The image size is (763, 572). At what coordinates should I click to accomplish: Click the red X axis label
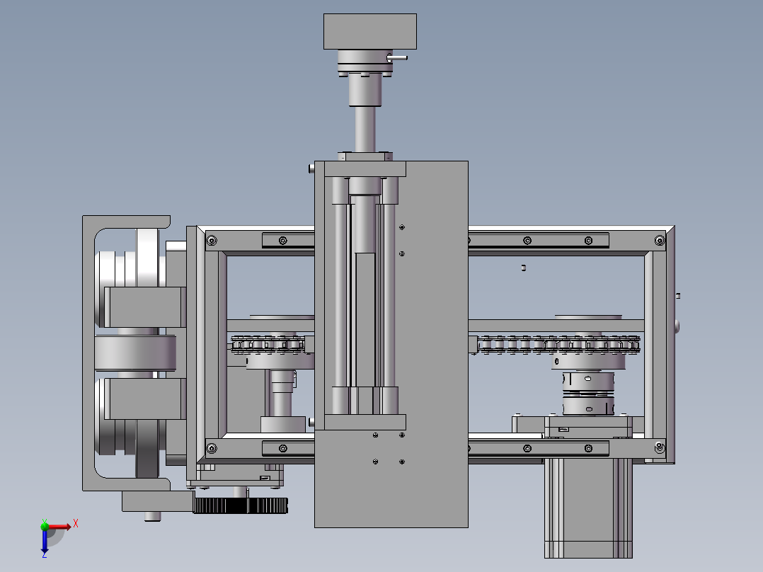76,524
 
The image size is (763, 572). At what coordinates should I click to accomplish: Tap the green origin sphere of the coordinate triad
45,526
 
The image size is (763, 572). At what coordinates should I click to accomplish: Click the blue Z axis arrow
45,540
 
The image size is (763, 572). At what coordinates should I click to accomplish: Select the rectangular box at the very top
369,32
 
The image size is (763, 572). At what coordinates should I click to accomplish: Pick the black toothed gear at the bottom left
241,505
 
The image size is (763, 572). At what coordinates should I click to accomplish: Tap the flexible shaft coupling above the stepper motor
588,394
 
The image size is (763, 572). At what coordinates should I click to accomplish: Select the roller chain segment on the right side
558,344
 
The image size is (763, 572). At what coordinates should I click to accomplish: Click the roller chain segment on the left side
268,344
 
